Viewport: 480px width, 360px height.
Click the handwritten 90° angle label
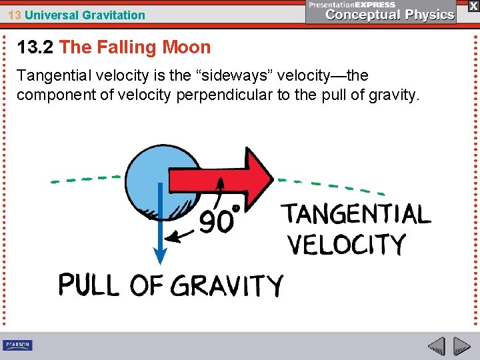[x=219, y=220]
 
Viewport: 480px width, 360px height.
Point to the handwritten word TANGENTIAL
[x=357, y=215]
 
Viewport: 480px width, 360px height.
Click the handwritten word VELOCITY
[x=347, y=245]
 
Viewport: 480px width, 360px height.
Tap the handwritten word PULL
[x=89, y=285]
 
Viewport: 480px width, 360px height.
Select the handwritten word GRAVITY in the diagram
[x=227, y=286]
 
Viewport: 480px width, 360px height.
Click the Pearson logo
[x=17, y=345]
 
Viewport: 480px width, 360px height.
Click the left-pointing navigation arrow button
[x=437, y=346]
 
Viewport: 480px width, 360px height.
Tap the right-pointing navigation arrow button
[x=462, y=346]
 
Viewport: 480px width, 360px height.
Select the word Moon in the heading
[x=189, y=47]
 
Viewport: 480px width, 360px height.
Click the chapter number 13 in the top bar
[x=14, y=15]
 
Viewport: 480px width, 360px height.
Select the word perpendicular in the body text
[x=224, y=95]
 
